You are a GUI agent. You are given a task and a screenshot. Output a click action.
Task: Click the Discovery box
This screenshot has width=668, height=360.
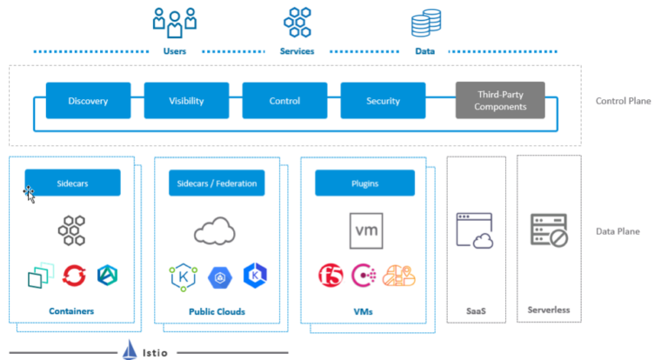(88, 101)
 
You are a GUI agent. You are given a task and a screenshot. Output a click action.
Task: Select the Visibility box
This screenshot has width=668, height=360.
(186, 101)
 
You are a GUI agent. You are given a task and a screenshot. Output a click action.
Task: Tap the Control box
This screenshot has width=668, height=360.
(284, 101)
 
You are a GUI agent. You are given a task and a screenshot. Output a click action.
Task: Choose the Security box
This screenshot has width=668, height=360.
(383, 101)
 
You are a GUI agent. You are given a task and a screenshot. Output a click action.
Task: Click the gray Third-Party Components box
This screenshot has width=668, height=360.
(500, 101)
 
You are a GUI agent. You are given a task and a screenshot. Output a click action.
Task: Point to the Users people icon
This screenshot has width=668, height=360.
(174, 22)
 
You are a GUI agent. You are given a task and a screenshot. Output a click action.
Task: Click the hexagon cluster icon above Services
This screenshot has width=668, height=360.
(297, 22)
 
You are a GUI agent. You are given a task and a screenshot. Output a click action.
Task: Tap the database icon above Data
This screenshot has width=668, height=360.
(425, 22)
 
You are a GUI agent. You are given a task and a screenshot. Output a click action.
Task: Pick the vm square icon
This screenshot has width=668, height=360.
(366, 230)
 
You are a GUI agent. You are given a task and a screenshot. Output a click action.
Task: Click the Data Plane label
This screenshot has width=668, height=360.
(618, 231)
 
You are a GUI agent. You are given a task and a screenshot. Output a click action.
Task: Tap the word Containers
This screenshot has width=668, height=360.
(72, 310)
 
